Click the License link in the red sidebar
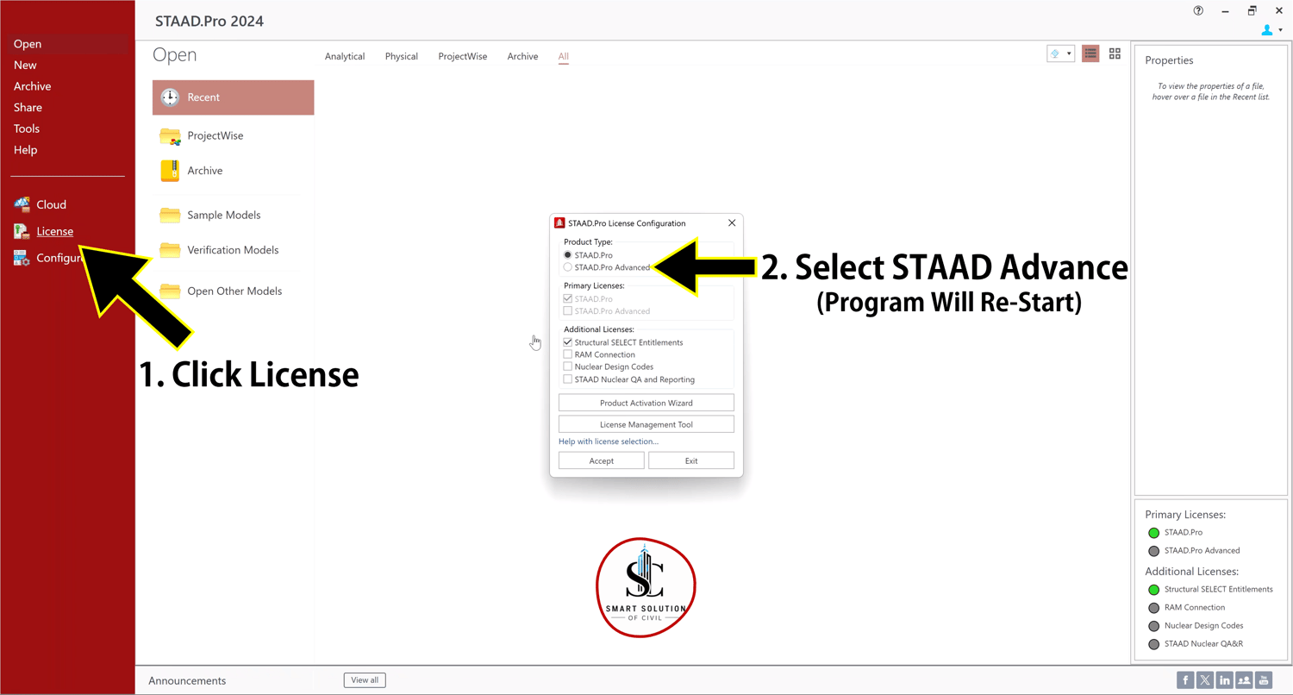[x=55, y=231]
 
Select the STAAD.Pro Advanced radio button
[x=568, y=267]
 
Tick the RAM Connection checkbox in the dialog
[x=568, y=354]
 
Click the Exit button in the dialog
[x=691, y=460]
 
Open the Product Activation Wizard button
[x=646, y=403]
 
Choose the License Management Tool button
[x=646, y=424]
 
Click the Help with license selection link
[x=609, y=441]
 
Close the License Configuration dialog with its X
[x=732, y=222]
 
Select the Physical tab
[x=401, y=57]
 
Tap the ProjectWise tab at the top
[x=462, y=57]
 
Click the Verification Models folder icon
[x=170, y=250]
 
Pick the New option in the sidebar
[x=25, y=66]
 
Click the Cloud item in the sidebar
[x=52, y=205]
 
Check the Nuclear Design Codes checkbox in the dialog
[x=568, y=366]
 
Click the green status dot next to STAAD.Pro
[x=1154, y=533]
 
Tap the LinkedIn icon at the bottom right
[x=1224, y=680]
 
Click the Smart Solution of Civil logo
[x=646, y=587]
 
